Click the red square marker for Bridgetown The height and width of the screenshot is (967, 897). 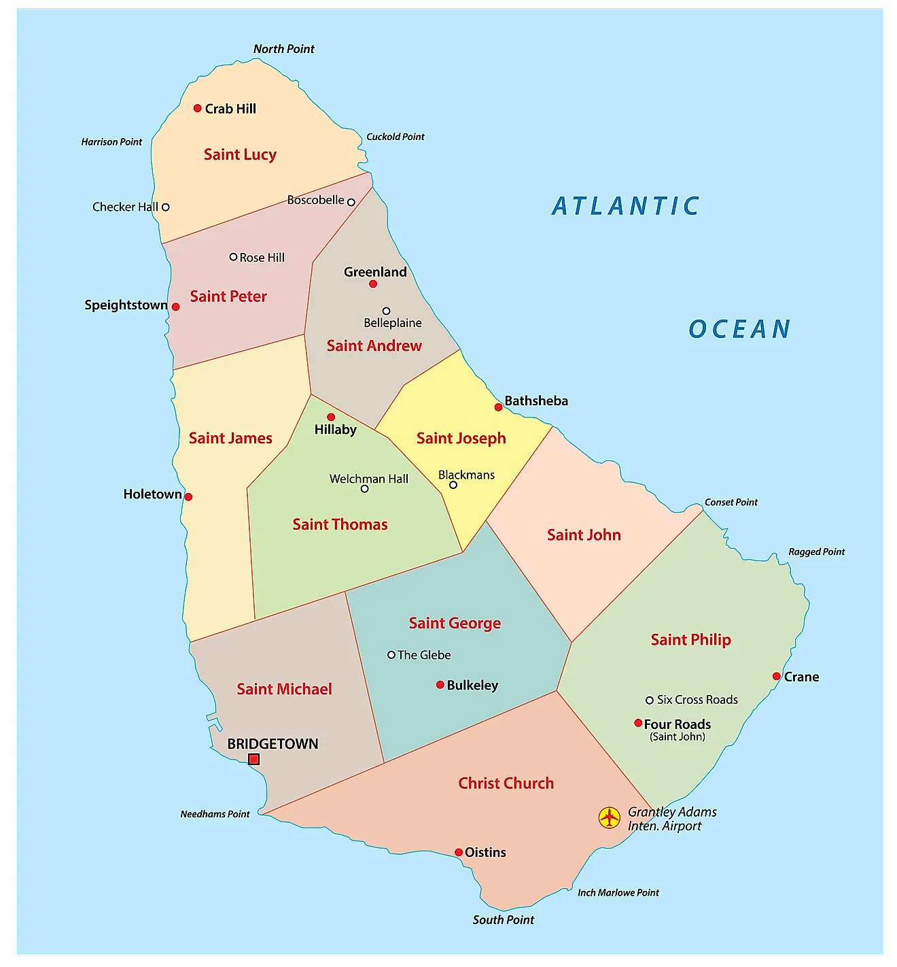[x=253, y=759]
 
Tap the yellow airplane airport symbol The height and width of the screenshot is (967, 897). [x=610, y=817]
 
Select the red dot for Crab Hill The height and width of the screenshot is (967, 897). [x=198, y=108]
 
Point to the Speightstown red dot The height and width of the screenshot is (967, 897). [x=175, y=307]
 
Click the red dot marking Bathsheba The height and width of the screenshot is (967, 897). [x=498, y=407]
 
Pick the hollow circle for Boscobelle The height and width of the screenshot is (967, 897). [x=351, y=202]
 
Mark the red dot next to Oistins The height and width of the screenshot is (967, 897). [x=459, y=852]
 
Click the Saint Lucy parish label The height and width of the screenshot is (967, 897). [x=240, y=154]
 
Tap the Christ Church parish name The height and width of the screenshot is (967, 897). [x=506, y=783]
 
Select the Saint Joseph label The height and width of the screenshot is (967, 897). [x=461, y=438]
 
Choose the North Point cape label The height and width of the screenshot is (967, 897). [x=283, y=49]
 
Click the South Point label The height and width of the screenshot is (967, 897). [x=503, y=919]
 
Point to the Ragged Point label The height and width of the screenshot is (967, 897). [x=816, y=552]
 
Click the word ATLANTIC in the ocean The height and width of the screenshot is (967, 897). [x=625, y=205]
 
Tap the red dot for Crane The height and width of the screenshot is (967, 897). [x=776, y=676]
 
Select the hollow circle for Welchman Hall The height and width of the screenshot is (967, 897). [x=365, y=488]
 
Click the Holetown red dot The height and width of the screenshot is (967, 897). [x=188, y=497]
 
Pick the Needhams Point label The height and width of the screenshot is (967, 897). [x=215, y=814]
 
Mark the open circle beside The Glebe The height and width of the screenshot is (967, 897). [x=391, y=655]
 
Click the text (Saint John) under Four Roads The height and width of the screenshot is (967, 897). [x=677, y=736]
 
